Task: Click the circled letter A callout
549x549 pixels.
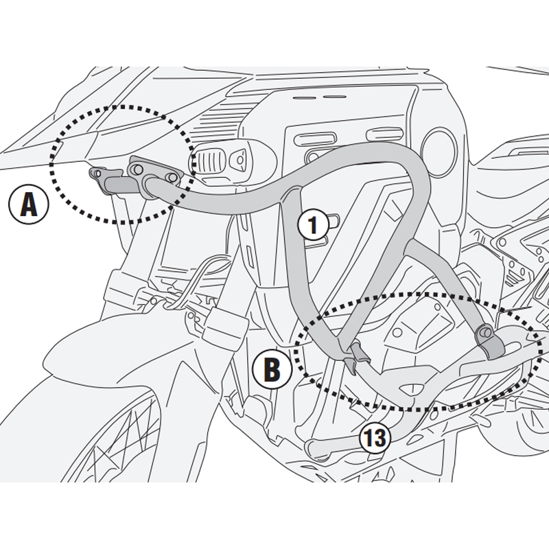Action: [x=27, y=205]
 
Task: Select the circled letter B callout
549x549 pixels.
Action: [x=272, y=370]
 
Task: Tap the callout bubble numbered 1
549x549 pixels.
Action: [x=313, y=225]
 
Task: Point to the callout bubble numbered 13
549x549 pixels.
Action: [x=374, y=437]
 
